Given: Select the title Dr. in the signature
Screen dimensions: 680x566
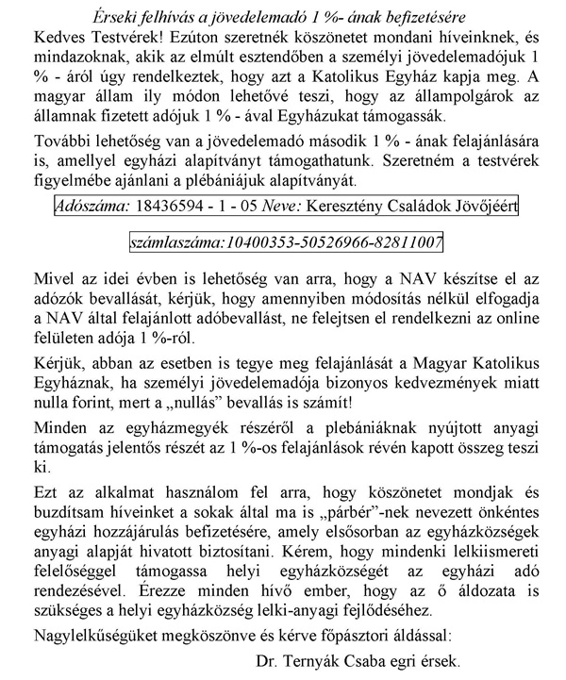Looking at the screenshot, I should point(265,660).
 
